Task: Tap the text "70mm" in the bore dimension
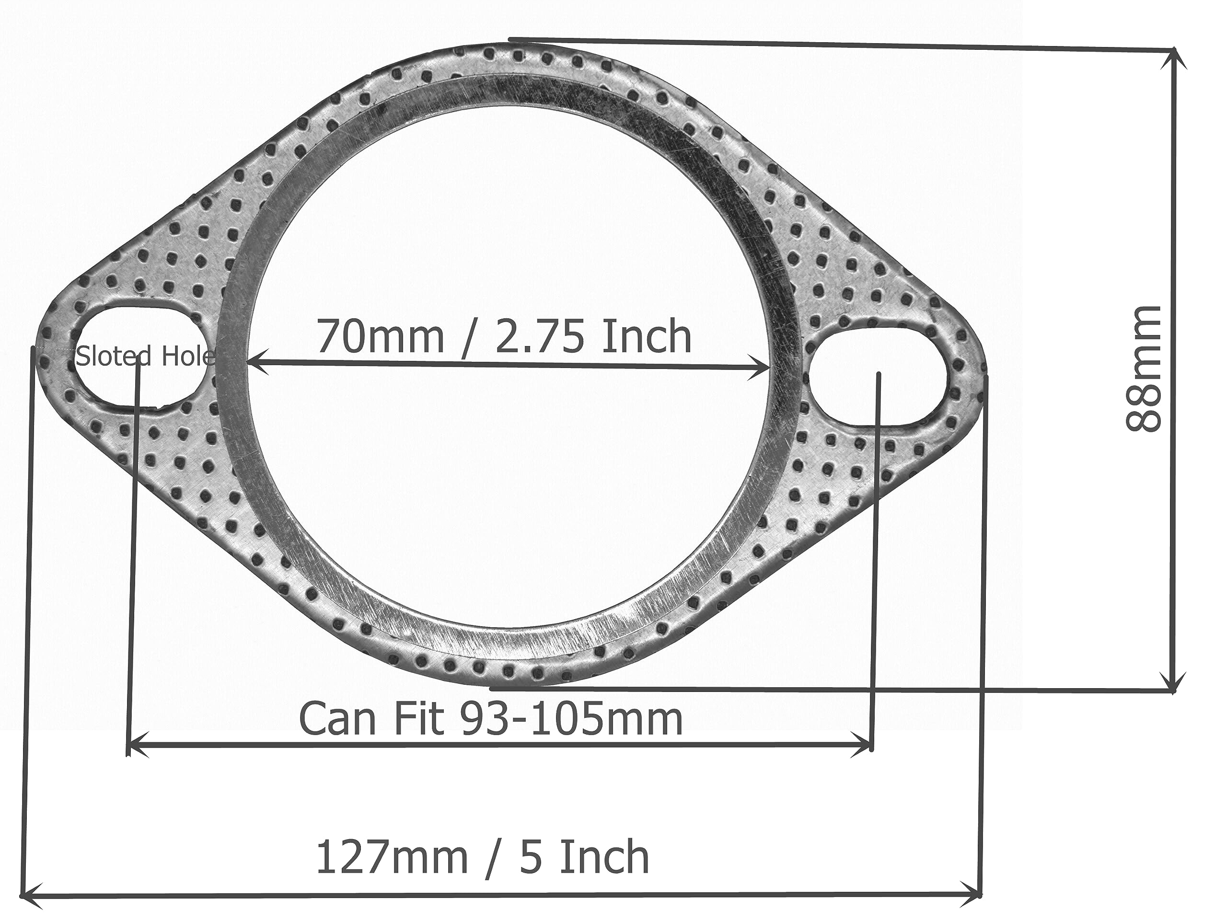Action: pyautogui.click(x=381, y=337)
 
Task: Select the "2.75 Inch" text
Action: pyautogui.click(x=593, y=337)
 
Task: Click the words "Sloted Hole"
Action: pyautogui.click(x=145, y=356)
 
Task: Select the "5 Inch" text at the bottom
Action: pyautogui.click(x=585, y=857)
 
